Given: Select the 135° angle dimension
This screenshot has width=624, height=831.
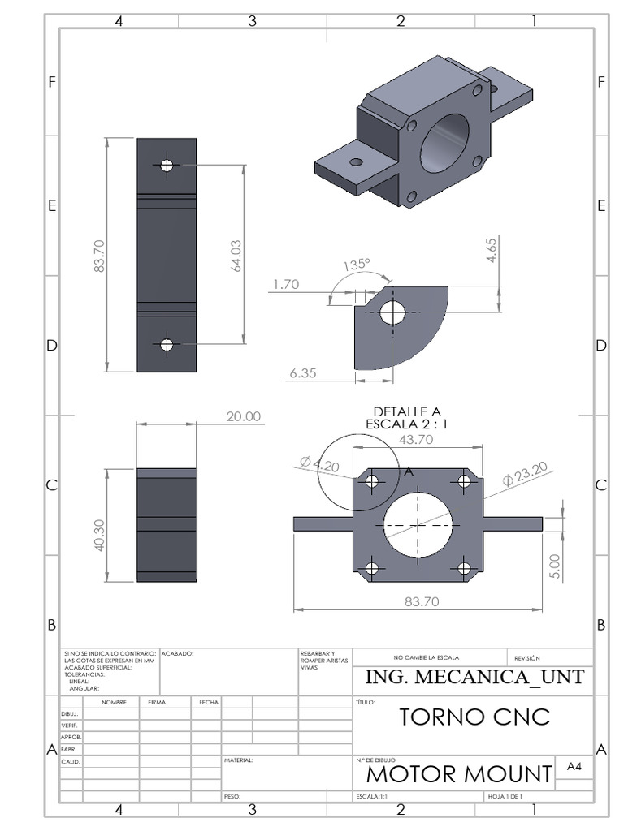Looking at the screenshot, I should [x=356, y=265].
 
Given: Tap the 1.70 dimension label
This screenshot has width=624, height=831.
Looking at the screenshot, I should [x=286, y=284].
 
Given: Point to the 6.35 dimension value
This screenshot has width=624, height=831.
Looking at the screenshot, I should [x=302, y=373].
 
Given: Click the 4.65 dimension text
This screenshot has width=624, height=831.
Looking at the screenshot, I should [x=492, y=250].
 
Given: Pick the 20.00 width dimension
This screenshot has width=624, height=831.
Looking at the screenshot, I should [x=244, y=416].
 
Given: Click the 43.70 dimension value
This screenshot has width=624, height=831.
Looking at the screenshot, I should [x=416, y=438].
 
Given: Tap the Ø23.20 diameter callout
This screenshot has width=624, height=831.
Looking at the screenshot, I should [x=525, y=473].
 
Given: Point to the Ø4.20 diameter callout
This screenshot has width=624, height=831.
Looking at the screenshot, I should [x=318, y=464].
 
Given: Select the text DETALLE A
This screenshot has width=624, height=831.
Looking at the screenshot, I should [x=406, y=411].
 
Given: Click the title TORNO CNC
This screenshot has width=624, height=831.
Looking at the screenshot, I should [x=475, y=717].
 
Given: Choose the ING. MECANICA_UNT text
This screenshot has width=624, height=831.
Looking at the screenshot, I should [x=474, y=678].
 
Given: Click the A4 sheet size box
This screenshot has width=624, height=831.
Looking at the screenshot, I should [x=574, y=767].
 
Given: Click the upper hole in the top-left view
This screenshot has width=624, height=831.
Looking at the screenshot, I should [x=167, y=165].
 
